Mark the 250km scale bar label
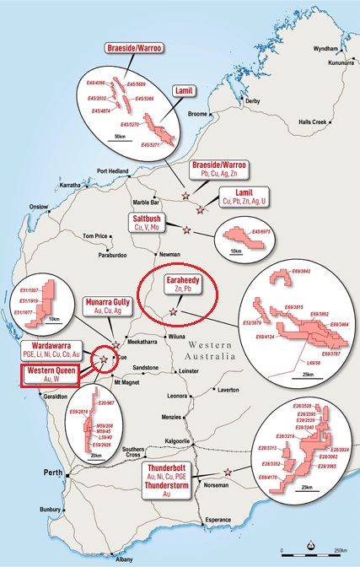pyautogui.click(x=340, y=550)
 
